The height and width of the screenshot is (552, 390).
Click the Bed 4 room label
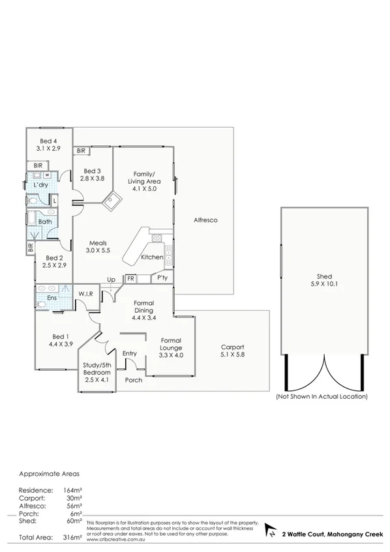coord(48,141)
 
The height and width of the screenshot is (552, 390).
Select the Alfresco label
coord(205,220)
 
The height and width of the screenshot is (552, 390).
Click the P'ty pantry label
coord(162,278)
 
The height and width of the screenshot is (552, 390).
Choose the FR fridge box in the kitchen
coord(130,278)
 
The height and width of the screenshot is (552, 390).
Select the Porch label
coord(134,380)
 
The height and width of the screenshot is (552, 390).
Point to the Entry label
coord(130,354)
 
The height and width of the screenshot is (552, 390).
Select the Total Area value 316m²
coord(74,537)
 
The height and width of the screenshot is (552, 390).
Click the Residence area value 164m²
coord(73,489)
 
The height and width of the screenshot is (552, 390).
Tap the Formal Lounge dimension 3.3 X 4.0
coord(168,355)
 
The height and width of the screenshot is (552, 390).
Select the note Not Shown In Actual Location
coord(322,396)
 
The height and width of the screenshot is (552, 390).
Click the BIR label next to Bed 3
coord(82,151)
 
